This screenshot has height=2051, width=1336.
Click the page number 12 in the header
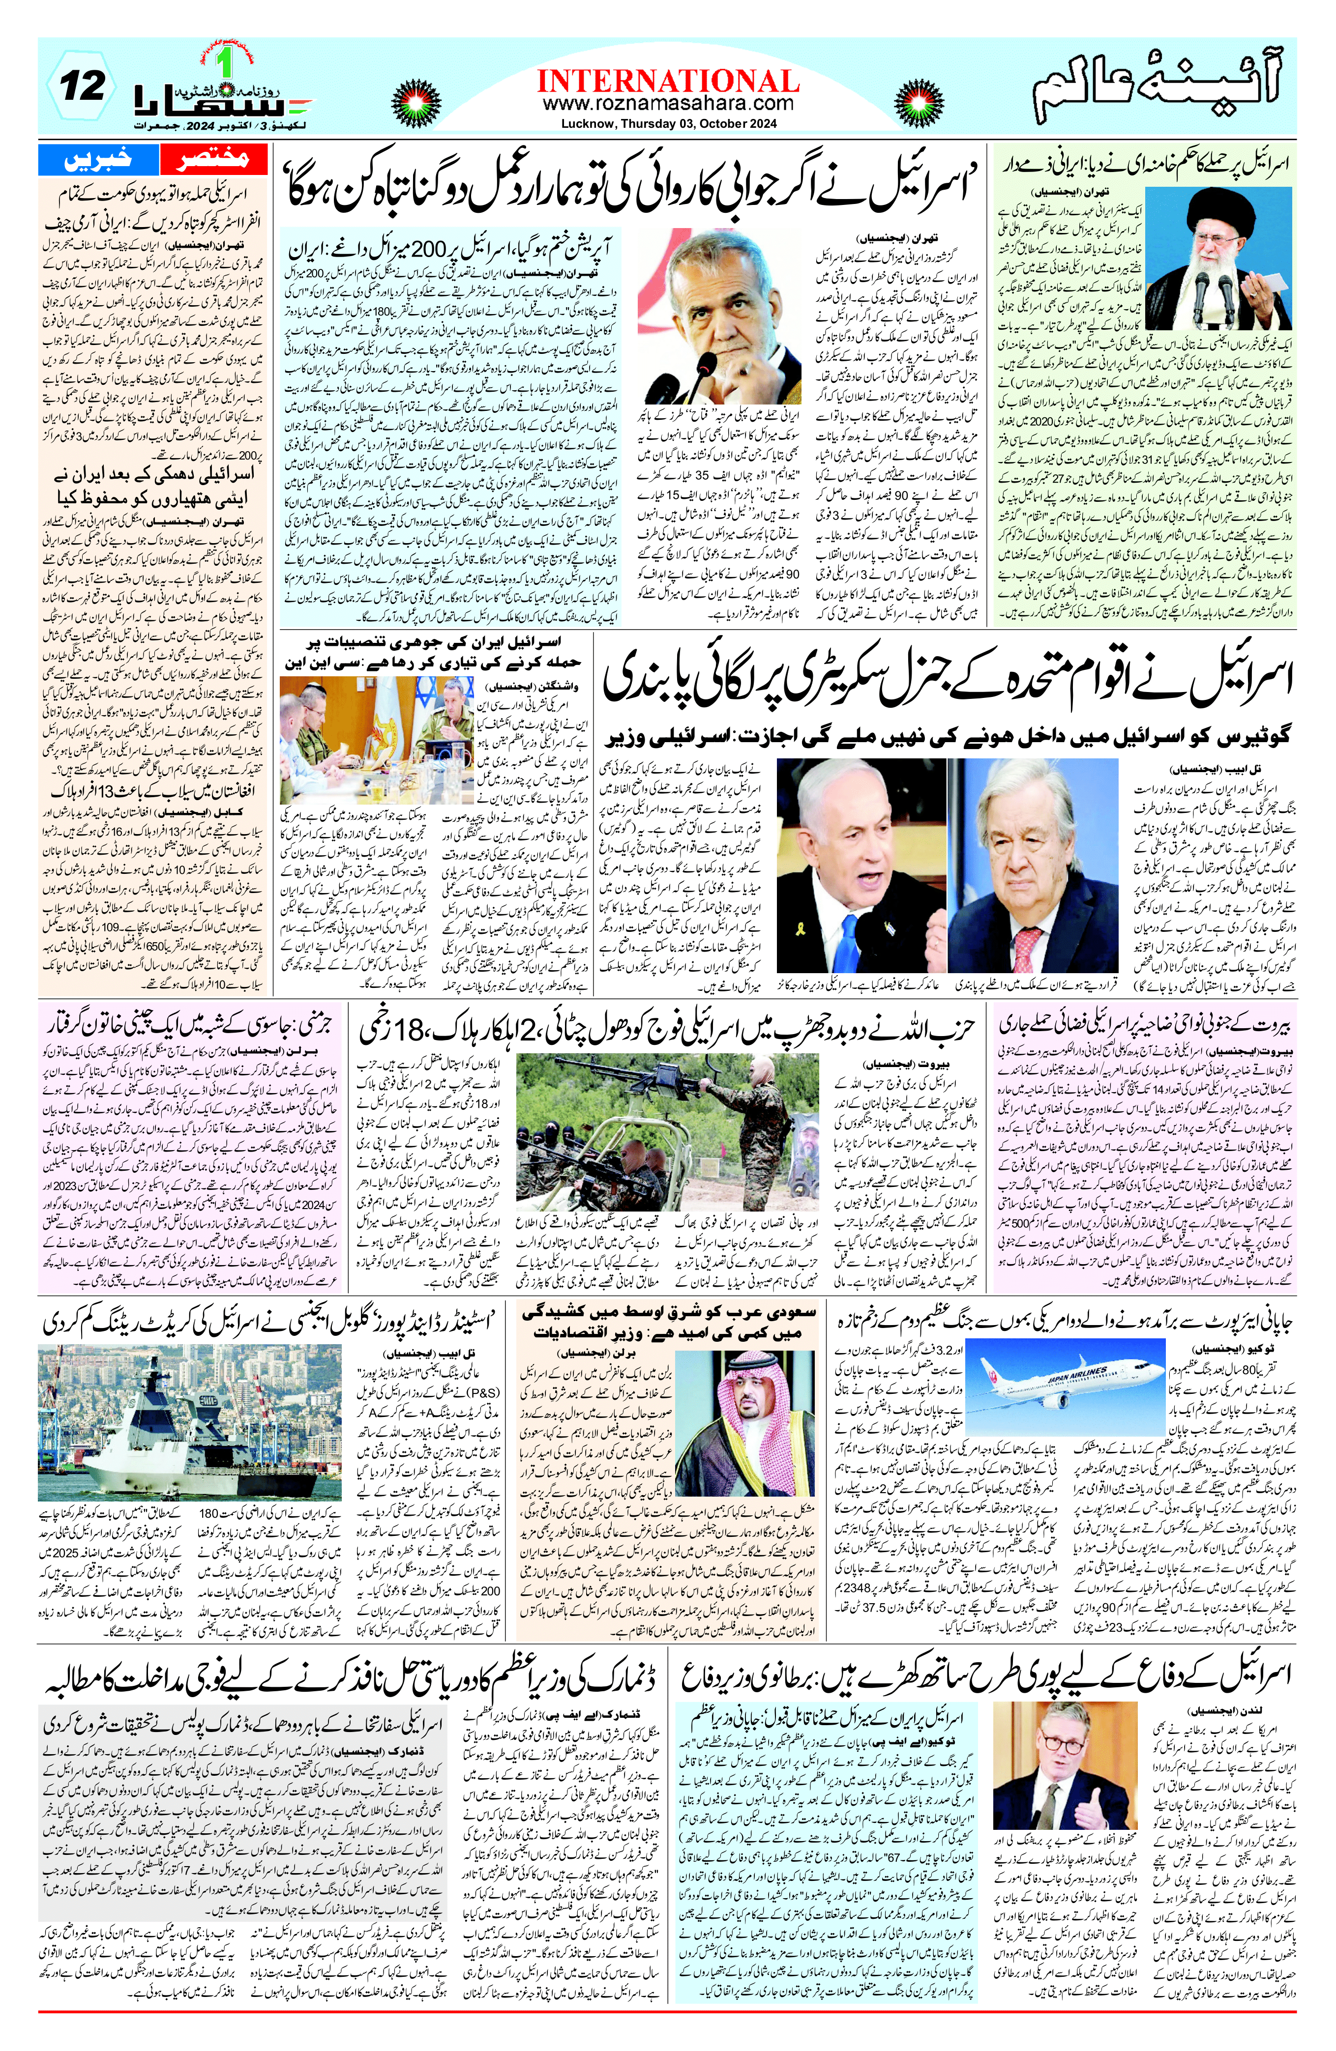click(83, 86)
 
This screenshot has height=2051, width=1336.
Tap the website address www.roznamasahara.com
click(668, 104)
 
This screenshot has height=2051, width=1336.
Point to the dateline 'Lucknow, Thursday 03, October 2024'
click(668, 124)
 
